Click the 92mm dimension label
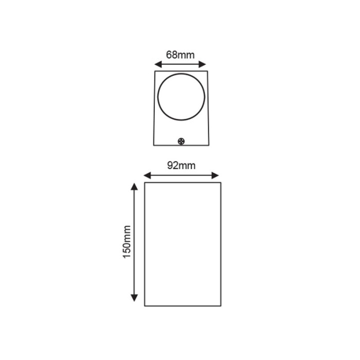pos(181,166)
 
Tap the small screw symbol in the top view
pos(181,140)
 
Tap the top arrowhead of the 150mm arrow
pos(134,186)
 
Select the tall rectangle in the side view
pos(183,244)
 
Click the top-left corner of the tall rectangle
pos(145,183)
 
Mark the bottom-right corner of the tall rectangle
pos(221,306)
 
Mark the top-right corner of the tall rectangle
pos(221,183)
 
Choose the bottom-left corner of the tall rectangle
pos(145,306)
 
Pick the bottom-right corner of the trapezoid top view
pos(209,145)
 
